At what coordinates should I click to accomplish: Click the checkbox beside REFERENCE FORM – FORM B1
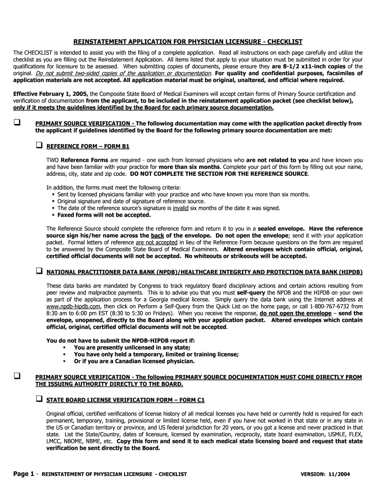[x=39, y=146]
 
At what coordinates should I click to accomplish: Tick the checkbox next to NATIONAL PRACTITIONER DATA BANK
[x=39, y=271]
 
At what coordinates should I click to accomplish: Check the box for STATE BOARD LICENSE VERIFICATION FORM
[x=39, y=399]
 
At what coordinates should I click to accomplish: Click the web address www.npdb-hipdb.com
[x=71, y=306]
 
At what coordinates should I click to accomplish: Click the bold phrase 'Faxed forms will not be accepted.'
[x=104, y=214]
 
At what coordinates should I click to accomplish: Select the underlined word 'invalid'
[x=180, y=208]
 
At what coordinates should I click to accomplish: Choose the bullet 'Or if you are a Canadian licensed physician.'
[x=134, y=361]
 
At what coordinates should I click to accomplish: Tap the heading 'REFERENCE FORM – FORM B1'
[x=88, y=146]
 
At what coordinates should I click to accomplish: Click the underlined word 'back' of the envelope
[x=158, y=235]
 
